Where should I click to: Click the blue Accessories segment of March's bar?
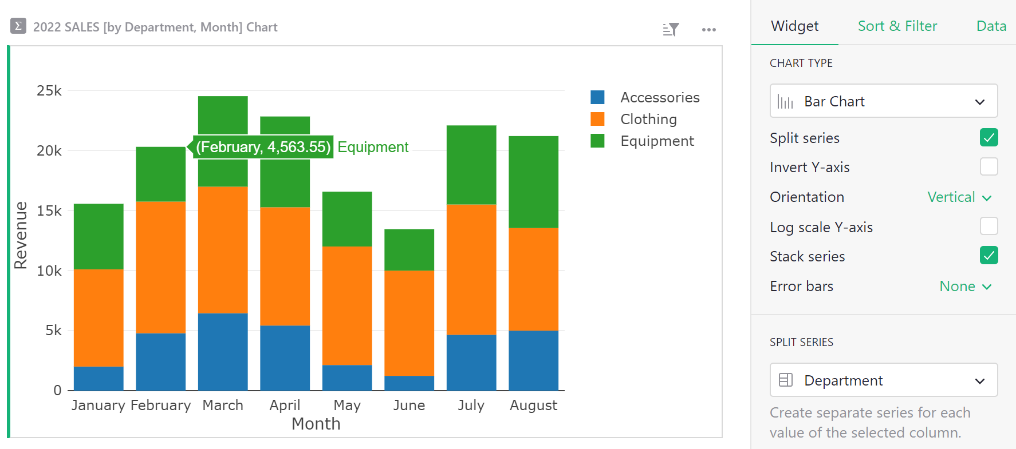(223, 351)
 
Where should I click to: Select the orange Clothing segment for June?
(409, 323)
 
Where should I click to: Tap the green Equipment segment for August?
(533, 182)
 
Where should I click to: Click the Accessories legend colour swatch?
(597, 97)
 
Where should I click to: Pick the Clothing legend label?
(648, 119)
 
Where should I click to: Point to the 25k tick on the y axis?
(49, 91)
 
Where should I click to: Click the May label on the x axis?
(347, 405)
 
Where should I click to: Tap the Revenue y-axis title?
(21, 235)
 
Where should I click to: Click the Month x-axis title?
(316, 424)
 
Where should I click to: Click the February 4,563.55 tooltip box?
(263, 147)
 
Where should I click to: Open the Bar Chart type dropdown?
(883, 101)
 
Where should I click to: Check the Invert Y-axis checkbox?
(989, 167)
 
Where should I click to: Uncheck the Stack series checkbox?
(989, 256)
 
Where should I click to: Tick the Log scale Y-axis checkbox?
(989, 227)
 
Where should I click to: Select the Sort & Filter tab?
(897, 26)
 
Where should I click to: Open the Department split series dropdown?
(883, 380)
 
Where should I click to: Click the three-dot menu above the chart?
(708, 30)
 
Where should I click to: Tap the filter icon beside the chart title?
(671, 29)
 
